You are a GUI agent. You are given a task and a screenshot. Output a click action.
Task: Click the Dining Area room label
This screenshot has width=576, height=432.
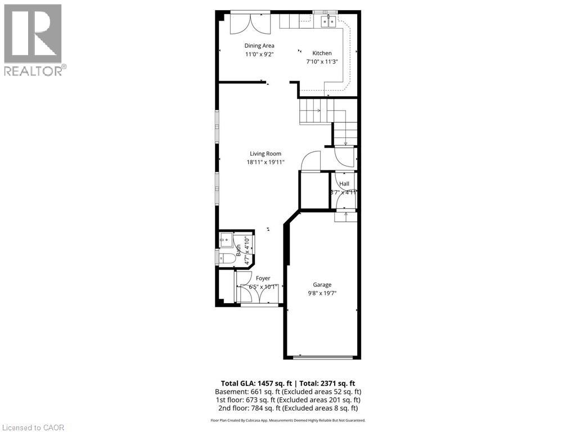tap(259, 46)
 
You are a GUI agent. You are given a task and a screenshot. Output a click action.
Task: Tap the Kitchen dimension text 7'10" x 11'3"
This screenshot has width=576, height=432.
tap(322, 62)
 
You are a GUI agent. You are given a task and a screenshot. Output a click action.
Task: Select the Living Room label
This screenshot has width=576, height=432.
tap(265, 154)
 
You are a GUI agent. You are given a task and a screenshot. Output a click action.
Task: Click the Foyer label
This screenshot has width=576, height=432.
tap(263, 278)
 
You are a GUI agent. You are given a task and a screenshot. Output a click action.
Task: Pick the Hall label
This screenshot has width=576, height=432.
tap(344, 184)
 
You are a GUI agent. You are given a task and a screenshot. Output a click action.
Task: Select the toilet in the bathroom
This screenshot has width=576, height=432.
tap(227, 258)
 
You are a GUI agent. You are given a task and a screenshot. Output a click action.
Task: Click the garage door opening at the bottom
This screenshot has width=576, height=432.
tap(323, 357)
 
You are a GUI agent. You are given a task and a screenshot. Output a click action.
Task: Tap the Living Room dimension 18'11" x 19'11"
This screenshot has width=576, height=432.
tap(265, 162)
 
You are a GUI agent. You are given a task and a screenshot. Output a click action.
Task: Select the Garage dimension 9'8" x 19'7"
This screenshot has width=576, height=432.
tap(322, 293)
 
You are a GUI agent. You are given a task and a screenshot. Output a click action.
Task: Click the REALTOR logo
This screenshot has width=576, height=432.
tap(33, 39)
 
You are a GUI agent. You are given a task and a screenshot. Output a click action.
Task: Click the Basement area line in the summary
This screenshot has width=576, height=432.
tap(287, 391)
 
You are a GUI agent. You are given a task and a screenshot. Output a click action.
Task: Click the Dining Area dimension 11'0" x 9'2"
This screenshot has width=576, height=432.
tap(259, 55)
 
